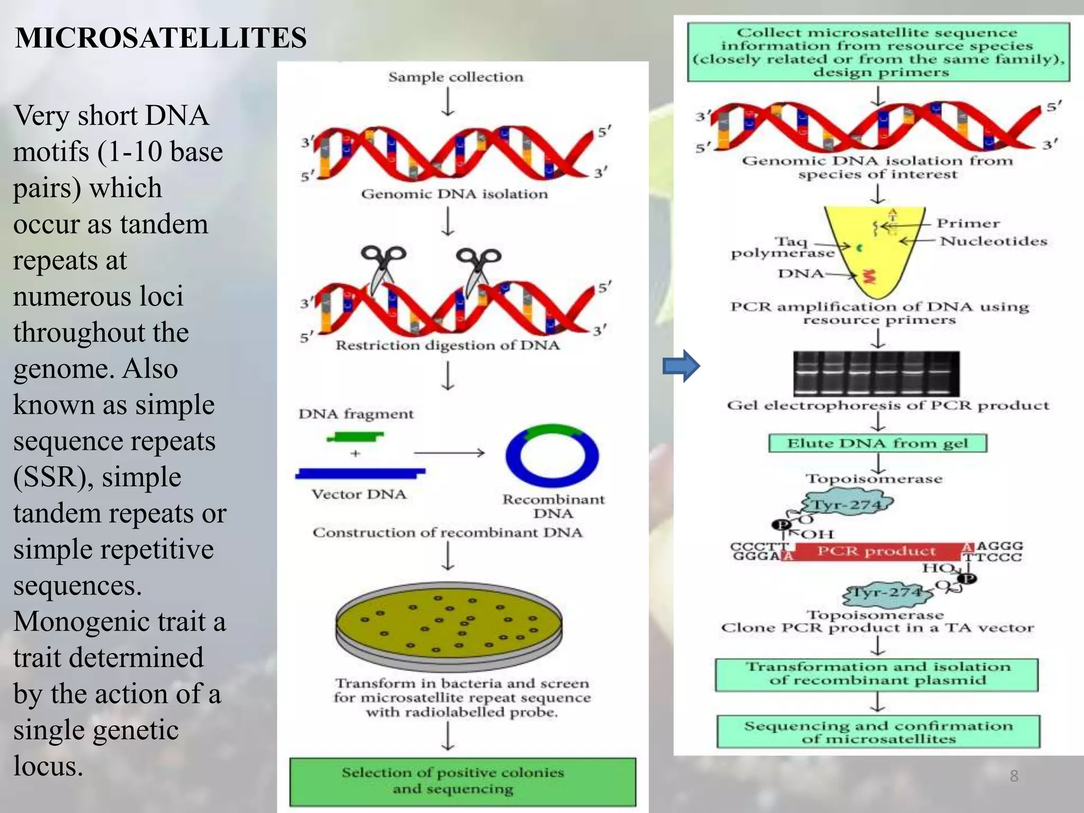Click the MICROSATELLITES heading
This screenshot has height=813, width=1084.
point(161,38)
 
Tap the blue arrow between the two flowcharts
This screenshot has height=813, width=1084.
point(681,366)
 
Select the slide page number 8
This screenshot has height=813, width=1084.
point(1014,776)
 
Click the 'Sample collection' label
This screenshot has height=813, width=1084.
point(456,77)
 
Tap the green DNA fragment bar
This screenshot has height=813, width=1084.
point(355,437)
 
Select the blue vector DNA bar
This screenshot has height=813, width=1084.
point(360,473)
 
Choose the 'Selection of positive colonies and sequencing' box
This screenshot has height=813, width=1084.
point(463,781)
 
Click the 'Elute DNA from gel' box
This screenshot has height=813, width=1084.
point(878,443)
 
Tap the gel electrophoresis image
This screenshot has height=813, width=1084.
point(876,373)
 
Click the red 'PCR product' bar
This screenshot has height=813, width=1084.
point(877,551)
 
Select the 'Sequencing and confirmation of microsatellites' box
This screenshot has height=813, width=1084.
point(878,732)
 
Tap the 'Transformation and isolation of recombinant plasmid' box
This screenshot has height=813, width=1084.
point(877,674)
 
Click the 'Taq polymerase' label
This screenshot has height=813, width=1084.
point(782,247)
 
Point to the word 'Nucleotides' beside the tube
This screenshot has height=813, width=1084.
point(993,241)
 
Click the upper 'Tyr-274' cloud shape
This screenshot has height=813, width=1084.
point(847,504)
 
